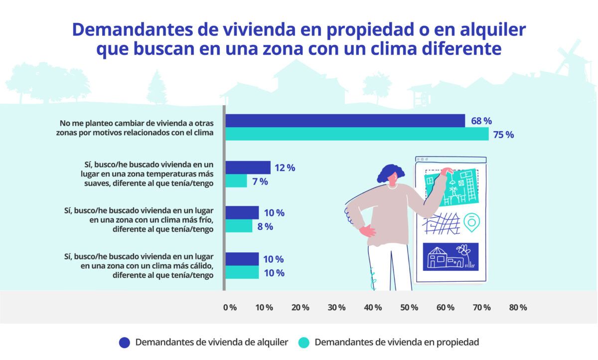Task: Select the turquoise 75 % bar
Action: [357, 134]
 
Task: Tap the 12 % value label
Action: [285, 168]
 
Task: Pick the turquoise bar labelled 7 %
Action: [236, 181]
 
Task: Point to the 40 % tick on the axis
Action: [373, 307]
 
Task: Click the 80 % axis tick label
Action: [518, 307]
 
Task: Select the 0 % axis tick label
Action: [230, 307]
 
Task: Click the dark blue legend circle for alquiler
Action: [125, 343]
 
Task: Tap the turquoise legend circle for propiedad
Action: [304, 343]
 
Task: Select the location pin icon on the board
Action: [469, 222]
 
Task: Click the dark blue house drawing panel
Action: [450, 257]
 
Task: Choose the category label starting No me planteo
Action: [144, 128]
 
